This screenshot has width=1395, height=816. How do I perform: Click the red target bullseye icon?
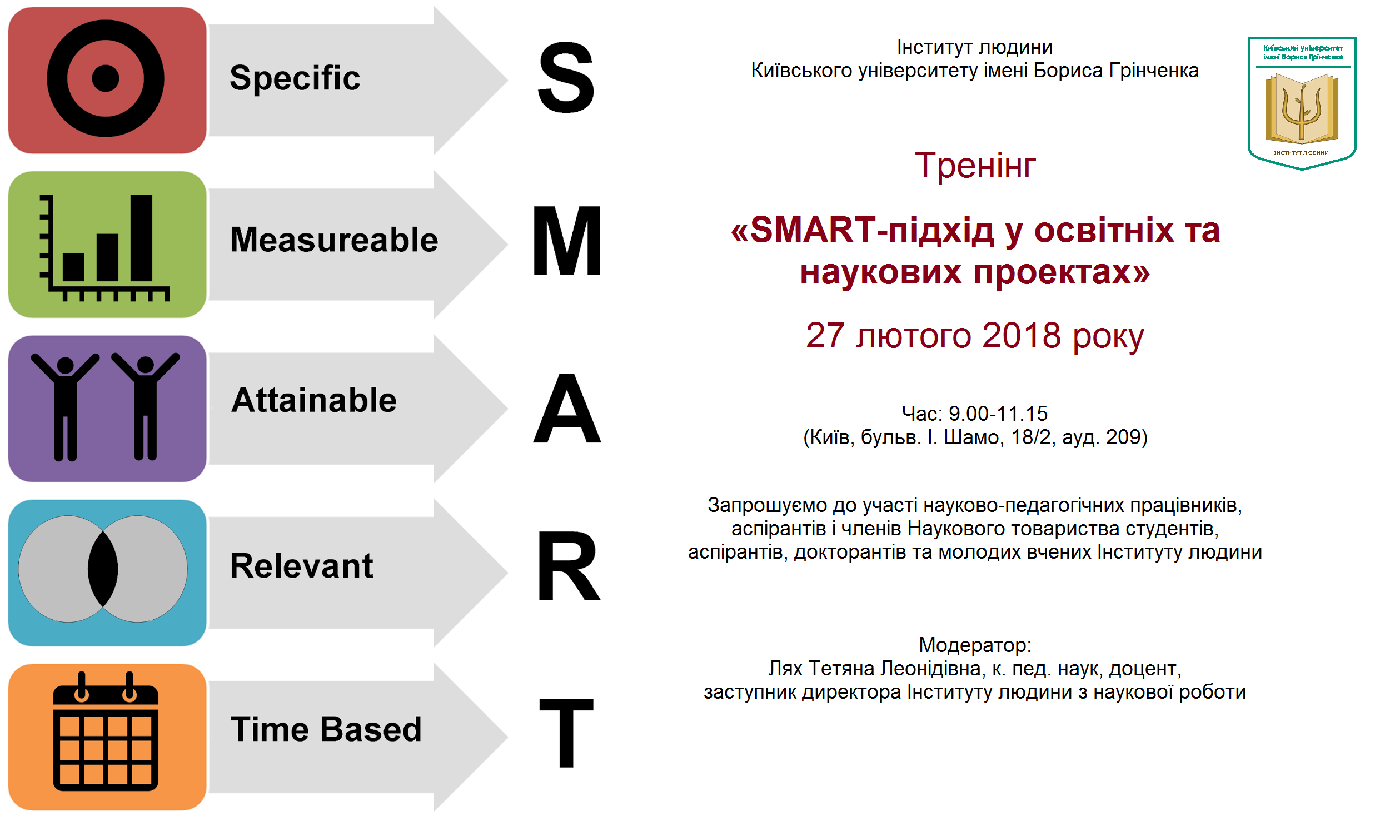tap(106, 78)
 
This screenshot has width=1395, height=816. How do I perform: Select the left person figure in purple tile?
tap(65, 406)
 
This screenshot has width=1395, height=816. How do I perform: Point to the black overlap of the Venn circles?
tap(103, 569)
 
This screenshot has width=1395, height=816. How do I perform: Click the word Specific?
tap(295, 78)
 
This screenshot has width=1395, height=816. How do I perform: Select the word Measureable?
tap(334, 240)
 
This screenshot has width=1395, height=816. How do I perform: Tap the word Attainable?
tap(314, 400)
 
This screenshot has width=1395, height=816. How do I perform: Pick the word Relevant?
tap(301, 566)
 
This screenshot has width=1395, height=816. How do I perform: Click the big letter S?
tap(566, 78)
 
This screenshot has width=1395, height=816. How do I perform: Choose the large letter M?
tap(567, 240)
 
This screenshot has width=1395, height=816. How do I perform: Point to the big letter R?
tap(568, 566)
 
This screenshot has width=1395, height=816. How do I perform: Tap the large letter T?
tap(566, 733)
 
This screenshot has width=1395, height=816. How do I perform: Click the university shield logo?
tap(1302, 103)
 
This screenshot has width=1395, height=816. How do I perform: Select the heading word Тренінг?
tap(975, 166)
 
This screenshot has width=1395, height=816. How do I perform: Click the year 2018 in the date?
tap(1022, 336)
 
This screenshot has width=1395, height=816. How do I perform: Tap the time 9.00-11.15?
tap(998, 414)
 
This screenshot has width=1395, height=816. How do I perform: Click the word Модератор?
tap(974, 645)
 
